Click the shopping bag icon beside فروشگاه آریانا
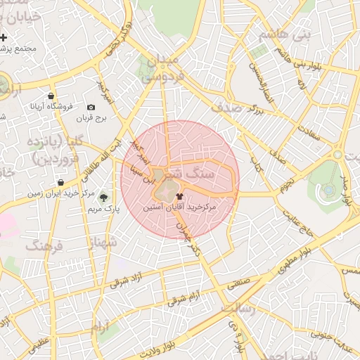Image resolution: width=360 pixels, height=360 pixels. [x=51, y=96]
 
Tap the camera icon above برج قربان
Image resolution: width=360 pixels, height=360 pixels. [x=91, y=106]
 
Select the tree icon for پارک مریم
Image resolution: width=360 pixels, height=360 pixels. [x=104, y=198]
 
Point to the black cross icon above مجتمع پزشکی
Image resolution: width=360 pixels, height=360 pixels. [x=4, y=37]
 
